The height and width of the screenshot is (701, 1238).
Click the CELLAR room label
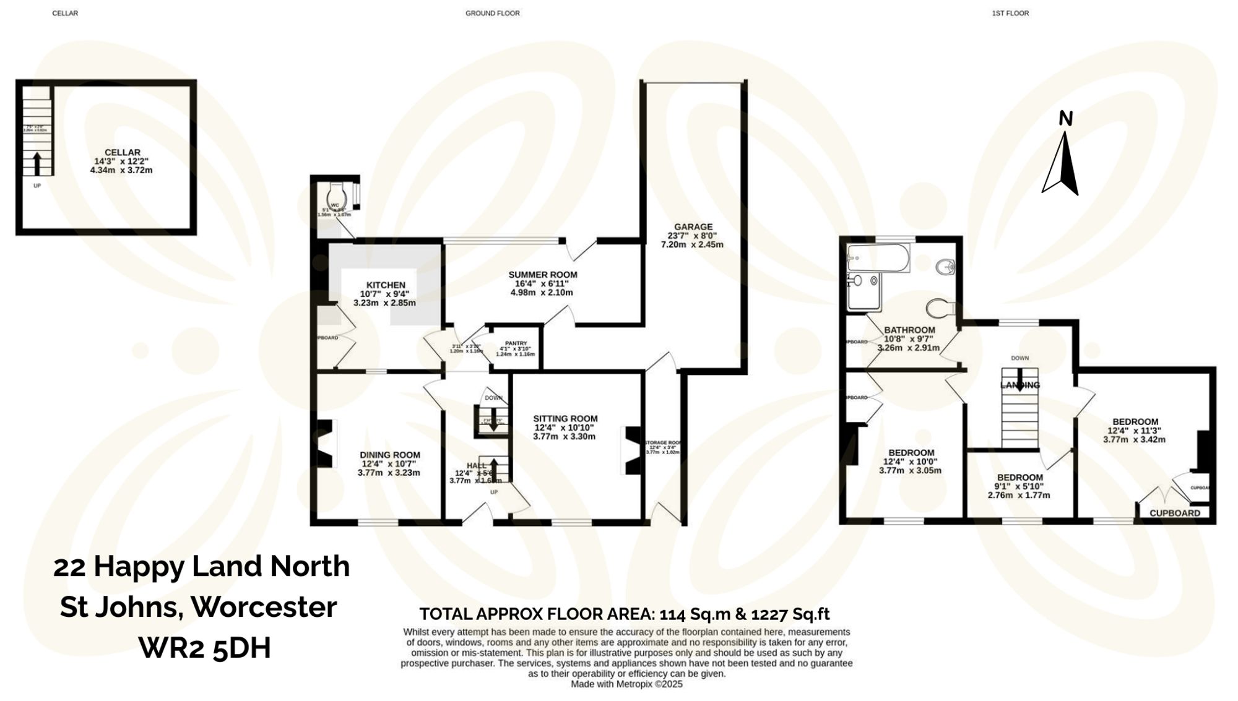pos(122,152)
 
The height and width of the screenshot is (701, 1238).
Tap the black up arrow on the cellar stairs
pos(37,163)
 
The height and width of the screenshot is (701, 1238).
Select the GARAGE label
pos(693,227)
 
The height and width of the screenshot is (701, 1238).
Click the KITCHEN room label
pos(386,285)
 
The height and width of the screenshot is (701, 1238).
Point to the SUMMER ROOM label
pos(542,275)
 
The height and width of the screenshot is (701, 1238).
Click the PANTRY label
pos(516,343)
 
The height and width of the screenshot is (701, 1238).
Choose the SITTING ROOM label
pos(565,419)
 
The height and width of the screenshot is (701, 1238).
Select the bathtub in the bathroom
pos(878,257)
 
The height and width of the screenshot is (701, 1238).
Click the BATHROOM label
pos(909,330)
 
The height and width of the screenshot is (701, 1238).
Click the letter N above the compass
pos(1065,119)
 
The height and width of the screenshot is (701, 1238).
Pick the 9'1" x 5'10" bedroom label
pos(1019,478)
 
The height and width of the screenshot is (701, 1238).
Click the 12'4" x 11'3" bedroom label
pos(1135,422)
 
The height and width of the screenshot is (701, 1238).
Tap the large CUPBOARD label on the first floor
pos(1174,513)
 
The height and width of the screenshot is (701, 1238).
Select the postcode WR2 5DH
pos(205,648)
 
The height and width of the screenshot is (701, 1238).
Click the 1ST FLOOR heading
pos(1010,13)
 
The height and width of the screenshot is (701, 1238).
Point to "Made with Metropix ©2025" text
pos(626,684)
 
